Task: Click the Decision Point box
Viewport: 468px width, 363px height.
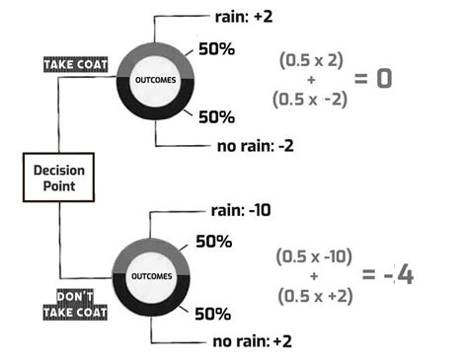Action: (x=58, y=178)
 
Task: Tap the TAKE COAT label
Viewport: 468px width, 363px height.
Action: (x=76, y=65)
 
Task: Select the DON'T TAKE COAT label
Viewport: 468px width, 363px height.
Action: (x=75, y=305)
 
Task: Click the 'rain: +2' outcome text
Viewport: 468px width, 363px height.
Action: (x=244, y=17)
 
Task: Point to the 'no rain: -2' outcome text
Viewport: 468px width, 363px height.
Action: (x=256, y=146)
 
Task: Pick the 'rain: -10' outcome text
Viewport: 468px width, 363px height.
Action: (x=241, y=210)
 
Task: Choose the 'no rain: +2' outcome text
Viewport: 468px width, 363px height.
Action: (x=253, y=341)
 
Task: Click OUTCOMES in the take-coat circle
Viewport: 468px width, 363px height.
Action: (x=156, y=80)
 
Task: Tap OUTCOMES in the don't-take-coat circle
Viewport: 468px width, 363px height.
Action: (x=152, y=276)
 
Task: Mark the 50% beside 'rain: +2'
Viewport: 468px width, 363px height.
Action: (x=216, y=49)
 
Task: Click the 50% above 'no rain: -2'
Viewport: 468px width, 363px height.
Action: (x=216, y=117)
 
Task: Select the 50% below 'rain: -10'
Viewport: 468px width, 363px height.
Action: (x=214, y=242)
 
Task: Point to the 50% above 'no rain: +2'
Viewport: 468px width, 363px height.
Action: (x=213, y=314)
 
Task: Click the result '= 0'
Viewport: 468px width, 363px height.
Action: (x=373, y=79)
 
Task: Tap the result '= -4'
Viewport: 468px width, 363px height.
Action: (x=388, y=274)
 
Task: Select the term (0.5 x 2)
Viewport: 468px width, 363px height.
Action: (x=311, y=60)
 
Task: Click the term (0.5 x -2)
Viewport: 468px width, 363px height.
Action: (x=310, y=100)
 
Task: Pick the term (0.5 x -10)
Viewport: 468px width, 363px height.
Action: (x=314, y=256)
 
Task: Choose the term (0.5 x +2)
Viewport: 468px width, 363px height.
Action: (x=315, y=296)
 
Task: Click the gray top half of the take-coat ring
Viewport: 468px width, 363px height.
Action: (x=155, y=49)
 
